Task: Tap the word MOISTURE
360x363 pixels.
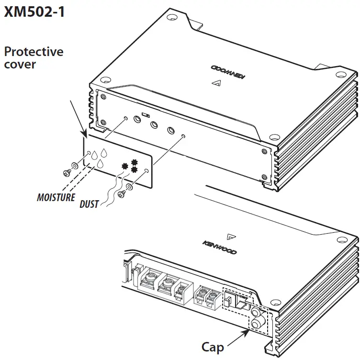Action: point(56,197)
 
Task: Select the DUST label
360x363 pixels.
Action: point(89,204)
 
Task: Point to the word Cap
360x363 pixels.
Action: point(213,346)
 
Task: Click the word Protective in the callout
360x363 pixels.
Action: point(34,51)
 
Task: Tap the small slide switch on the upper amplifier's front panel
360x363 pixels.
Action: point(146,115)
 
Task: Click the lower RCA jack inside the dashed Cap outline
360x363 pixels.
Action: point(256,324)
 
